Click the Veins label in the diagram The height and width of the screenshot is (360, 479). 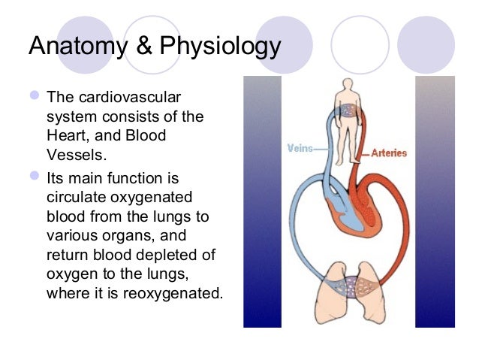tap(300, 148)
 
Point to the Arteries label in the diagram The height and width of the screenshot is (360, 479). tap(389, 153)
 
